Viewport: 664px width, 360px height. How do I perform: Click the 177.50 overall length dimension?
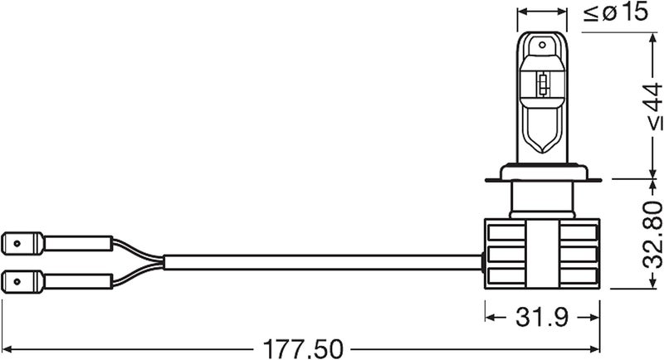pyautogui.click(x=303, y=349)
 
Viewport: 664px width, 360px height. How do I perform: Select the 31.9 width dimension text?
pyautogui.click(x=542, y=317)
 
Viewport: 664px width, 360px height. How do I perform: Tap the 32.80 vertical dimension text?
pyautogui.click(x=652, y=236)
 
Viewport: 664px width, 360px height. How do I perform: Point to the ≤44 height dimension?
pyautogui.click(x=652, y=107)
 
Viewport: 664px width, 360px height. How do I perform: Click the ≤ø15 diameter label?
pyautogui.click(x=616, y=12)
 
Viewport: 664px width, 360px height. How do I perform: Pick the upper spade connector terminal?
pyautogui.click(x=22, y=243)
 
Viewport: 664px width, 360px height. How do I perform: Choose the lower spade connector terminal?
pyautogui.click(x=22, y=281)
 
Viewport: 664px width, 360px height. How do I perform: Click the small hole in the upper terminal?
pyautogui.click(x=17, y=243)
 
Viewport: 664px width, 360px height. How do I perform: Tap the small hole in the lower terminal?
pyautogui.click(x=17, y=281)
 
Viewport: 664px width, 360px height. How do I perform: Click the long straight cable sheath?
pyautogui.click(x=323, y=262)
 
